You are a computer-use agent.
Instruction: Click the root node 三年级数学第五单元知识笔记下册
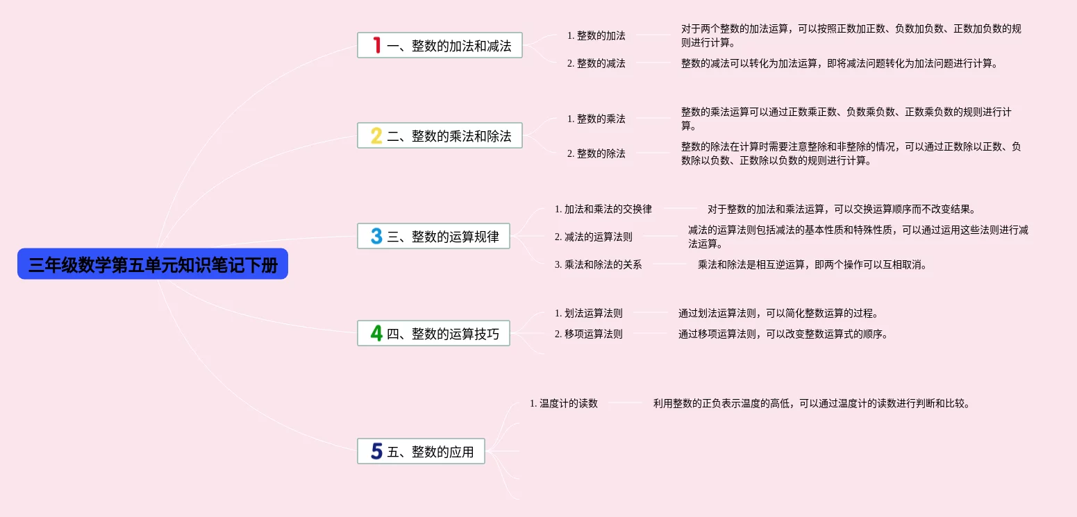153,264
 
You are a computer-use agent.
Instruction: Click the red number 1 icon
376,46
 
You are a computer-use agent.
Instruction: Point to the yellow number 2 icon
376,136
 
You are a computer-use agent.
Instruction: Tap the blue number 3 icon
376,237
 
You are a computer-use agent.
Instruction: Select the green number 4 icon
376,334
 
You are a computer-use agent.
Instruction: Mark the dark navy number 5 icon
376,452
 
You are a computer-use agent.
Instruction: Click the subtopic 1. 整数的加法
596,35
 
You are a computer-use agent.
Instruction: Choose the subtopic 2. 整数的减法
596,63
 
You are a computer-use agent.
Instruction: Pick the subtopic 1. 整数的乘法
596,119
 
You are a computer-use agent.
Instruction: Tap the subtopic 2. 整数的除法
596,153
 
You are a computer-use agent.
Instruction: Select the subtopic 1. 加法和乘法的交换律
603,209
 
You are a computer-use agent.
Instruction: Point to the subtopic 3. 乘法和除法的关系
598,264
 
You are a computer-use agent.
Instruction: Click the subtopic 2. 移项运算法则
588,334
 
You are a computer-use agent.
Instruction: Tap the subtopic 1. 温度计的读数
563,403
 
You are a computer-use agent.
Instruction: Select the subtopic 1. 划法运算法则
588,313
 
